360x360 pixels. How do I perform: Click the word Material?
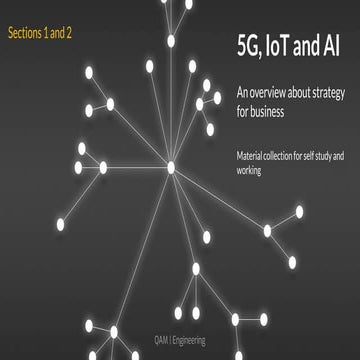pyautogui.click(x=251, y=157)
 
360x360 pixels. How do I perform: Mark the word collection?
pyautogui.click(x=290, y=157)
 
